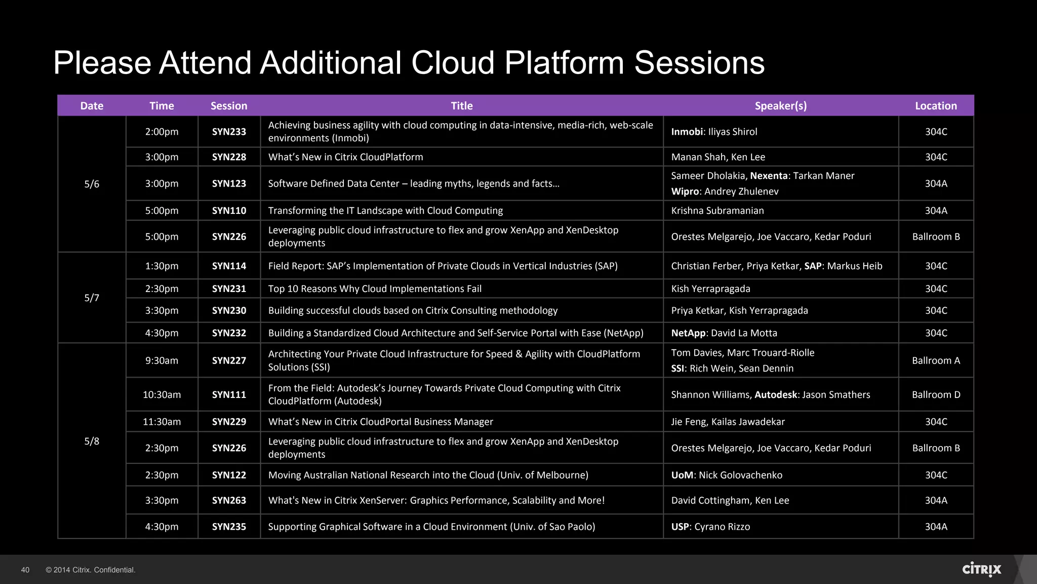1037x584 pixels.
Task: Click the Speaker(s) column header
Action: tap(780, 105)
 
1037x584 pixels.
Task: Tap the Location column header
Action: tap(936, 105)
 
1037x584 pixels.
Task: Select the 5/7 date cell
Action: tap(92, 298)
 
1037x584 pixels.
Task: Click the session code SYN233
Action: tap(229, 131)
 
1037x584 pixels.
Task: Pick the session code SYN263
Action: tap(229, 500)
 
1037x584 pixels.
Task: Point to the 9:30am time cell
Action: tap(162, 360)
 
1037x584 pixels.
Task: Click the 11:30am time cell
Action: tap(162, 421)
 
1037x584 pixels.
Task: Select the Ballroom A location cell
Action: tap(936, 360)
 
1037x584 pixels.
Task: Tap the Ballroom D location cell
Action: tap(936, 394)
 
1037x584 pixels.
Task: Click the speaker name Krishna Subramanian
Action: tap(717, 210)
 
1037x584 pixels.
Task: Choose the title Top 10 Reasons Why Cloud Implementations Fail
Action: tap(375, 288)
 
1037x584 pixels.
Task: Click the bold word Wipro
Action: tap(685, 192)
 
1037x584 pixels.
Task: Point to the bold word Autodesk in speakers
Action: tap(776, 394)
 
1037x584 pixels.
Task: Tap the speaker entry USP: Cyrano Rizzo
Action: tap(710, 527)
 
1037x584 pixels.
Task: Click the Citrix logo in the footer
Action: tap(981, 569)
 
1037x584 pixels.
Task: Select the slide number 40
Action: tap(25, 570)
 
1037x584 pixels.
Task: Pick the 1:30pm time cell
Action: tap(162, 266)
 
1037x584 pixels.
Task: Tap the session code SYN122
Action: tap(229, 475)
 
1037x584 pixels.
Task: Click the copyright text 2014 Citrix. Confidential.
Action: tap(91, 570)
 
